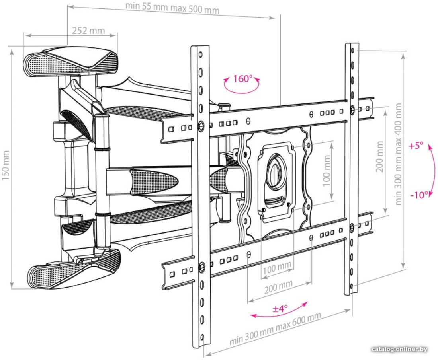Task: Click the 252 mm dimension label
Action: [88, 30]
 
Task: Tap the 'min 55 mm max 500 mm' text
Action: [172, 8]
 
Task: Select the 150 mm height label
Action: [6, 165]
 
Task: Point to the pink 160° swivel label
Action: [242, 78]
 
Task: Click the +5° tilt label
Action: [416, 146]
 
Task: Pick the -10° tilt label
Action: [419, 195]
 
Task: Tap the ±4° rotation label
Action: [280, 308]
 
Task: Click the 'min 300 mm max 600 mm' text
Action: [275, 329]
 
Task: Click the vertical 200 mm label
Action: [379, 157]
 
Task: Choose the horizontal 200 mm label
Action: [278, 286]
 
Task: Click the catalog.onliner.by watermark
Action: [400, 349]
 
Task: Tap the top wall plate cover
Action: [70, 62]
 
